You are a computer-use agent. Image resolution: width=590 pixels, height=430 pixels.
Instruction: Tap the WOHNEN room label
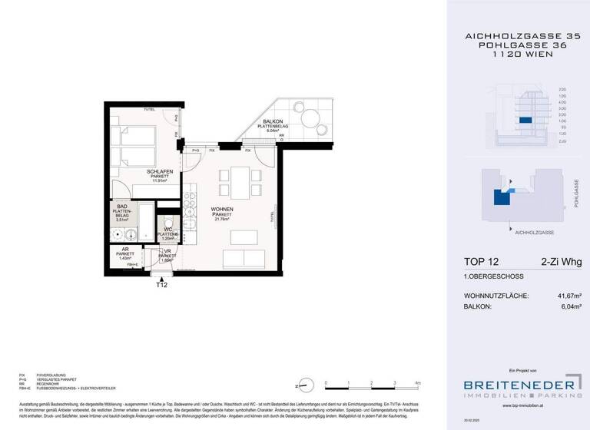pyautogui.click(x=222, y=209)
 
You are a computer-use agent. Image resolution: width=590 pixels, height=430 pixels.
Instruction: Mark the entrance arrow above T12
pyautogui.click(x=161, y=276)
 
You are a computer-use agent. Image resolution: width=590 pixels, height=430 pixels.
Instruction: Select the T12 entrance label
pyautogui.click(x=161, y=285)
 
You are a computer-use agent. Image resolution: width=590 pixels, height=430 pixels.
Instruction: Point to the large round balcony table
pyautogui.click(x=311, y=118)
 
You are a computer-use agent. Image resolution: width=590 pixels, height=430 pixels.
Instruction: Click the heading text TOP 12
pyautogui.click(x=479, y=263)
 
